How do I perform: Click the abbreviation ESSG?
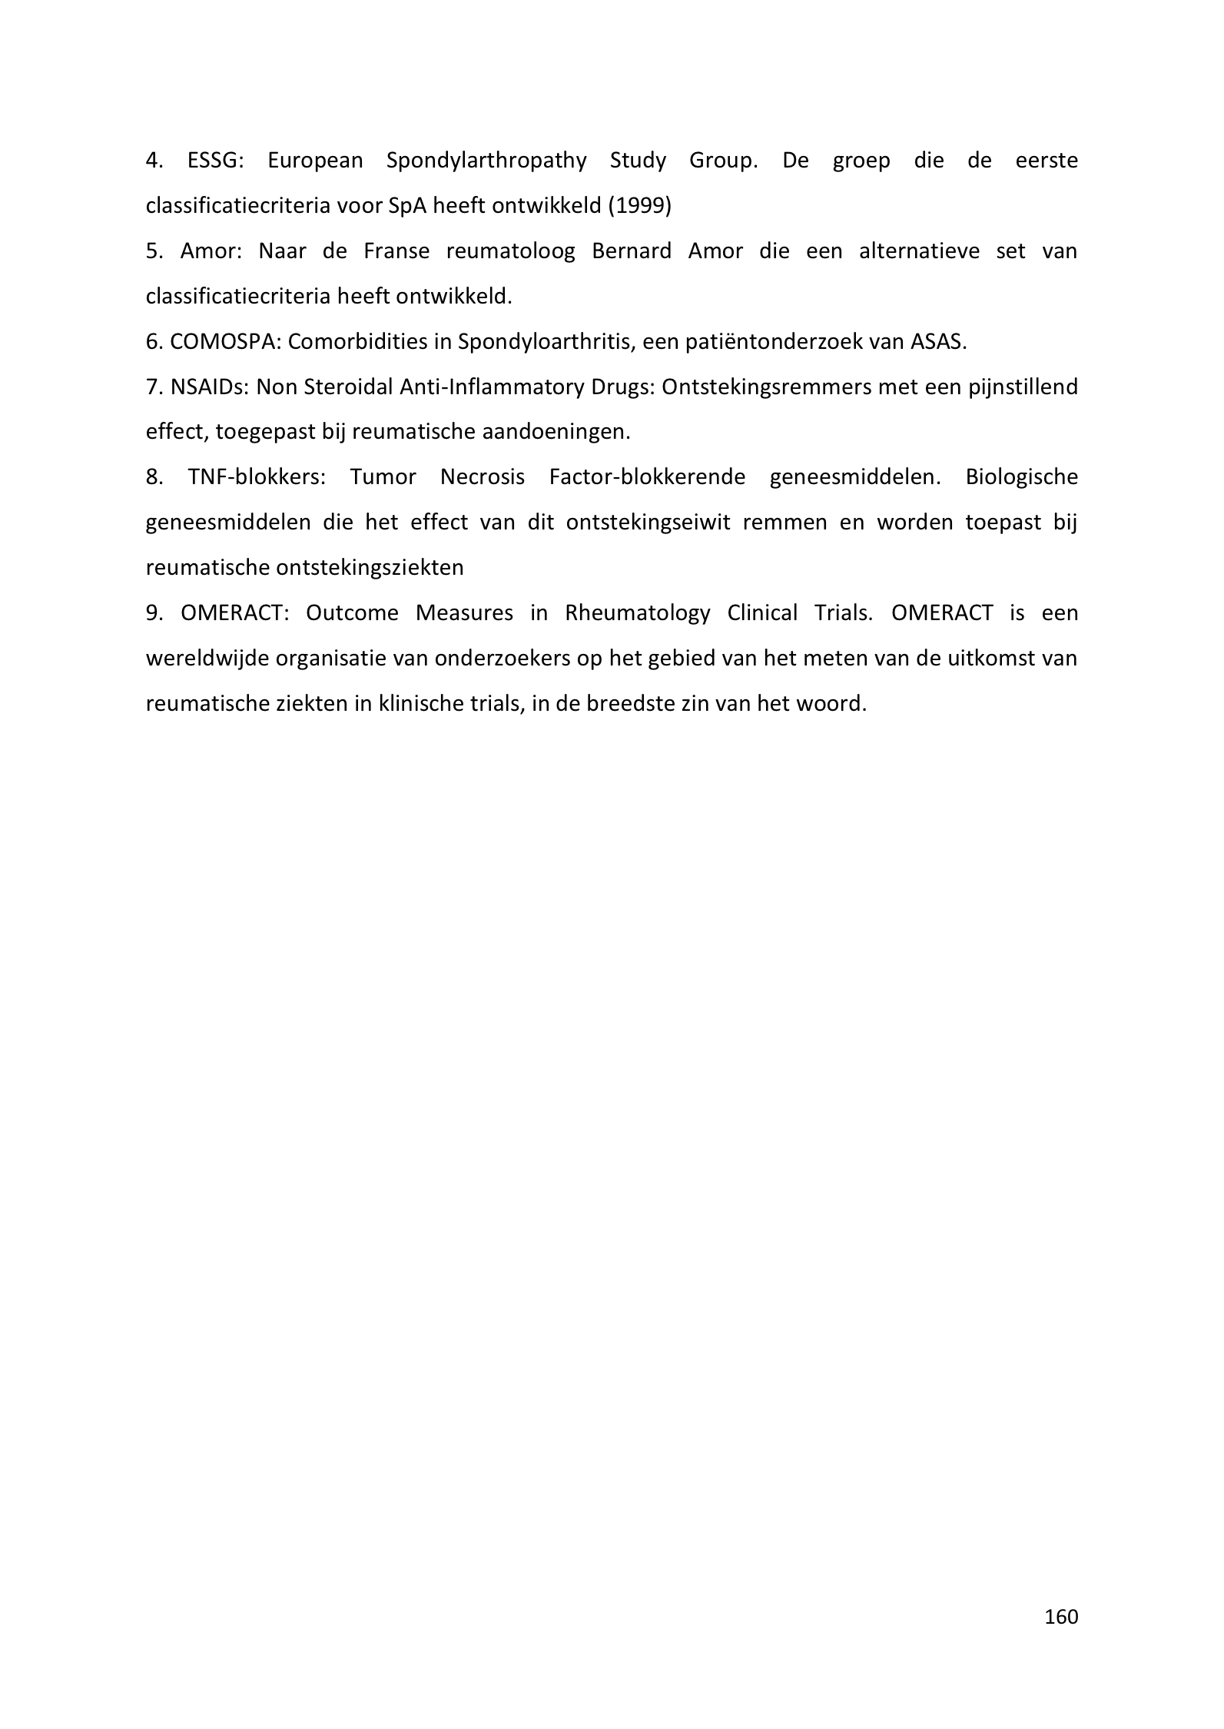pos(214,161)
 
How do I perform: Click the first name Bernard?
pos(632,251)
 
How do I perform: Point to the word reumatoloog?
pos(510,251)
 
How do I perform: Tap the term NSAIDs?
pos(207,387)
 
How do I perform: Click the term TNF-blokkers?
pos(257,477)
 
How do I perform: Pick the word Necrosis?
pos(483,477)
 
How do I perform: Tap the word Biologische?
pos(1021,477)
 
